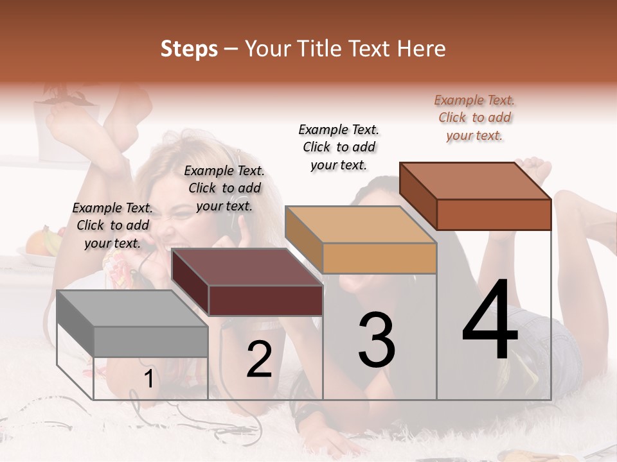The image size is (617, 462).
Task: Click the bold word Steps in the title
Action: (189, 49)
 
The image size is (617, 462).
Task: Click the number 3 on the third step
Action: (377, 340)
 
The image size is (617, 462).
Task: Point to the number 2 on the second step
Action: (260, 359)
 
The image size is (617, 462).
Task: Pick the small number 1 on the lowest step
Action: (148, 379)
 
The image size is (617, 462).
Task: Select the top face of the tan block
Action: (361, 225)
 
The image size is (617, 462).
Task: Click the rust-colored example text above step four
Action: (474, 118)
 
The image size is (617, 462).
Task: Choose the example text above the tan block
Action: (339, 148)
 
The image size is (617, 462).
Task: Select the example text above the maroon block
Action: (224, 188)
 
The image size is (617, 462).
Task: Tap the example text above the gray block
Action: (112, 225)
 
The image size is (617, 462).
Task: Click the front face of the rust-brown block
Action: (494, 214)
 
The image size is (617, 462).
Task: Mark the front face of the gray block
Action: (151, 341)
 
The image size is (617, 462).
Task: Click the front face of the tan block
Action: (379, 258)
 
